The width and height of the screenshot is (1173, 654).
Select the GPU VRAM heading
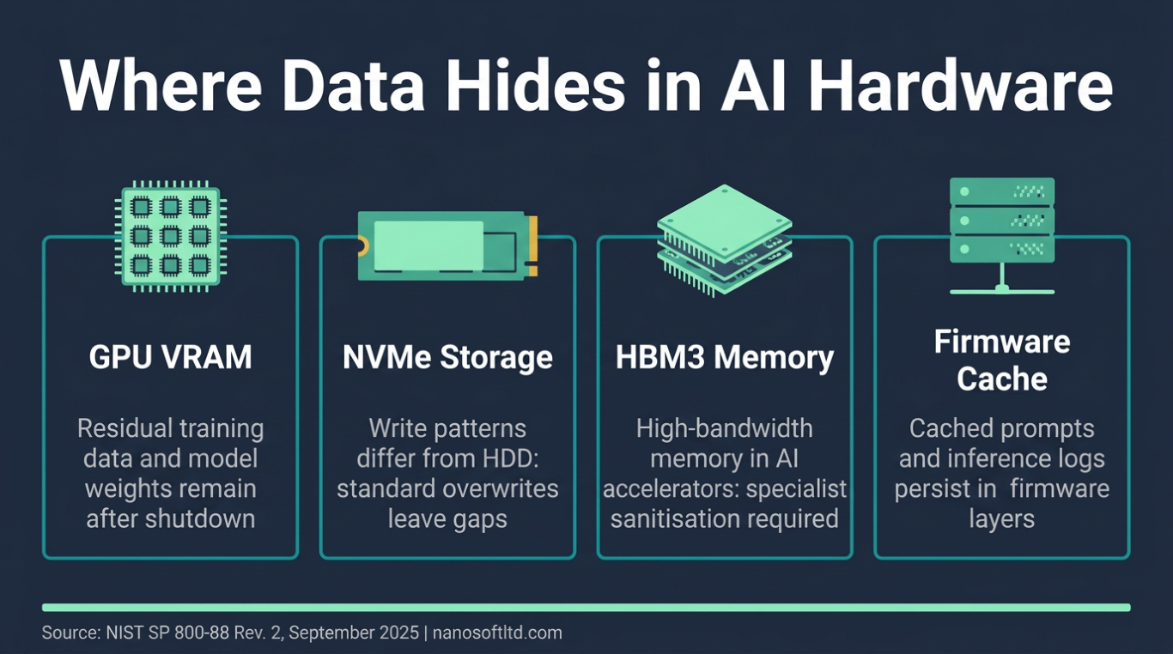(x=170, y=357)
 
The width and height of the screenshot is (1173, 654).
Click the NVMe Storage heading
(x=447, y=357)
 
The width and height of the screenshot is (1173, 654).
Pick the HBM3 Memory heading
(x=725, y=357)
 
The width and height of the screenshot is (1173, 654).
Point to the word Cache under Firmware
(x=1002, y=378)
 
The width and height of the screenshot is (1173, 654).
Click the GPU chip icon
(x=171, y=237)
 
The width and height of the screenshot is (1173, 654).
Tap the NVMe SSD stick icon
(x=447, y=245)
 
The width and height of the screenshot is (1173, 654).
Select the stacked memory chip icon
(x=724, y=240)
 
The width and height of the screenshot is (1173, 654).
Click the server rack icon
(x=1002, y=236)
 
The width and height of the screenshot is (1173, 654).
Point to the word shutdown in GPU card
(x=199, y=519)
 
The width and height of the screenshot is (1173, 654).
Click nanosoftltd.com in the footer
(x=497, y=633)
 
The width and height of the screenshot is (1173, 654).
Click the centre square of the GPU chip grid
(x=171, y=237)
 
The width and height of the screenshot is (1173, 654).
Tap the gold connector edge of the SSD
(x=533, y=246)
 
